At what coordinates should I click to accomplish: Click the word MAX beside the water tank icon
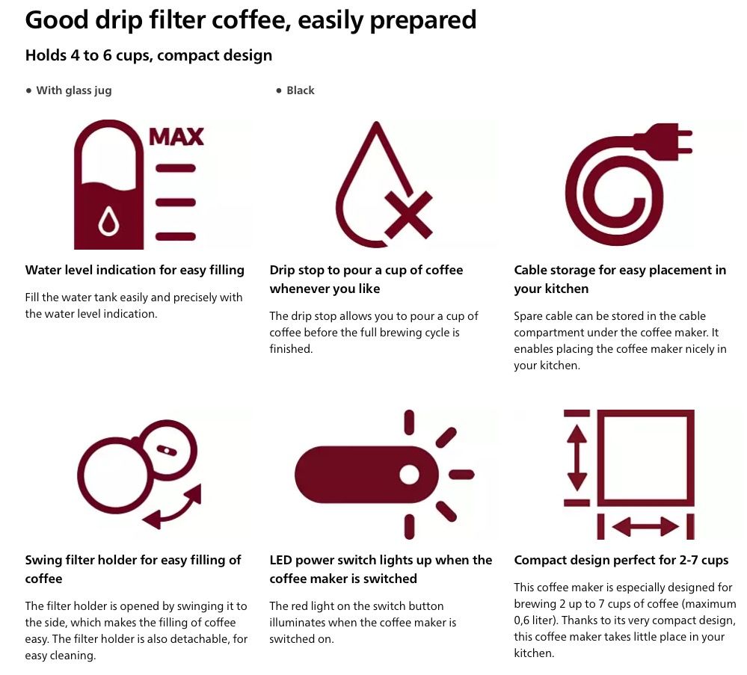click(x=176, y=137)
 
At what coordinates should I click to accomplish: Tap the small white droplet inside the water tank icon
click(x=108, y=221)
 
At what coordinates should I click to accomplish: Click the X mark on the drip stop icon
click(x=408, y=215)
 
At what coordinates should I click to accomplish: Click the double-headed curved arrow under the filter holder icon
click(x=175, y=510)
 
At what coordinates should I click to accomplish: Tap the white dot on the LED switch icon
click(x=409, y=475)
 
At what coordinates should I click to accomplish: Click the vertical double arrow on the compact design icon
click(x=577, y=457)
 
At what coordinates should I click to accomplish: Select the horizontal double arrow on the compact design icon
click(x=645, y=527)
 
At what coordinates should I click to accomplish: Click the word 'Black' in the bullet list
click(x=300, y=90)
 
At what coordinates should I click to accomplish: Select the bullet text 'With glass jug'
click(x=74, y=90)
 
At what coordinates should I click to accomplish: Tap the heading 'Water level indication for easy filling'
click(x=135, y=270)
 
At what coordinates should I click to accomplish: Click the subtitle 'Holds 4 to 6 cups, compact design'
click(x=149, y=56)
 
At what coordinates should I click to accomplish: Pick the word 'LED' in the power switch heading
click(x=280, y=560)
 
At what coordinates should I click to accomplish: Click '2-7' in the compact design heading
click(x=691, y=560)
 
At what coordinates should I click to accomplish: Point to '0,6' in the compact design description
click(x=523, y=620)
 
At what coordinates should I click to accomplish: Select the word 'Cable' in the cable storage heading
click(x=529, y=270)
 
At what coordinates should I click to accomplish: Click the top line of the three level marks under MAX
click(x=176, y=168)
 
